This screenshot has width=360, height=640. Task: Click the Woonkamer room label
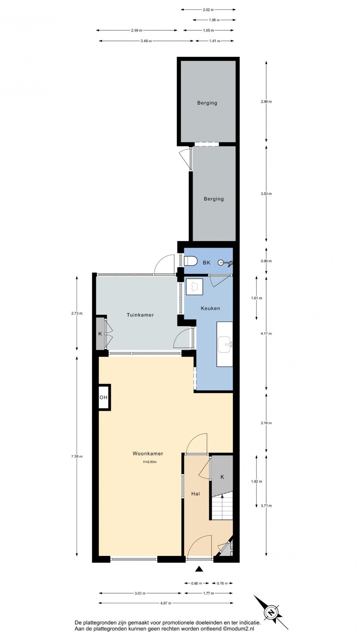coord(148,454)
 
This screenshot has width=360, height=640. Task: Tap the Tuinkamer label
coord(140,315)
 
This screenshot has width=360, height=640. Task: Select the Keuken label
coord(210,308)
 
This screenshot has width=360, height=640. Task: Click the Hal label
coord(196,494)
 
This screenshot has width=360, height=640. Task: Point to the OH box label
coord(103,397)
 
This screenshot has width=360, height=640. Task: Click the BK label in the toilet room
coord(206,263)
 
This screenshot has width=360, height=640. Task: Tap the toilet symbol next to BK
coord(190,261)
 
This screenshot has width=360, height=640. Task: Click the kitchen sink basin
coord(224,344)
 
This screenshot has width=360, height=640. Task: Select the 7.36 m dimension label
coord(77,457)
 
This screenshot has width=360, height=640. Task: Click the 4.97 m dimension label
coord(166,603)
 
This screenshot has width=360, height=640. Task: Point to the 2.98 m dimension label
coord(266,101)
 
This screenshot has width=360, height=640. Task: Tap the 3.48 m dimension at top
coord(146,41)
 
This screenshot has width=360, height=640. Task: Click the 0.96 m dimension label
coord(266,261)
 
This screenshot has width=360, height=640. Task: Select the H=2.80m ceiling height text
coord(150,462)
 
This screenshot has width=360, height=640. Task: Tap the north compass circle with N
coord(271,612)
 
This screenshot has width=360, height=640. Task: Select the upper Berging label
coord(207,103)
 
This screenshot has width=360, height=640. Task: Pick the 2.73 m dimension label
coord(77,313)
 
